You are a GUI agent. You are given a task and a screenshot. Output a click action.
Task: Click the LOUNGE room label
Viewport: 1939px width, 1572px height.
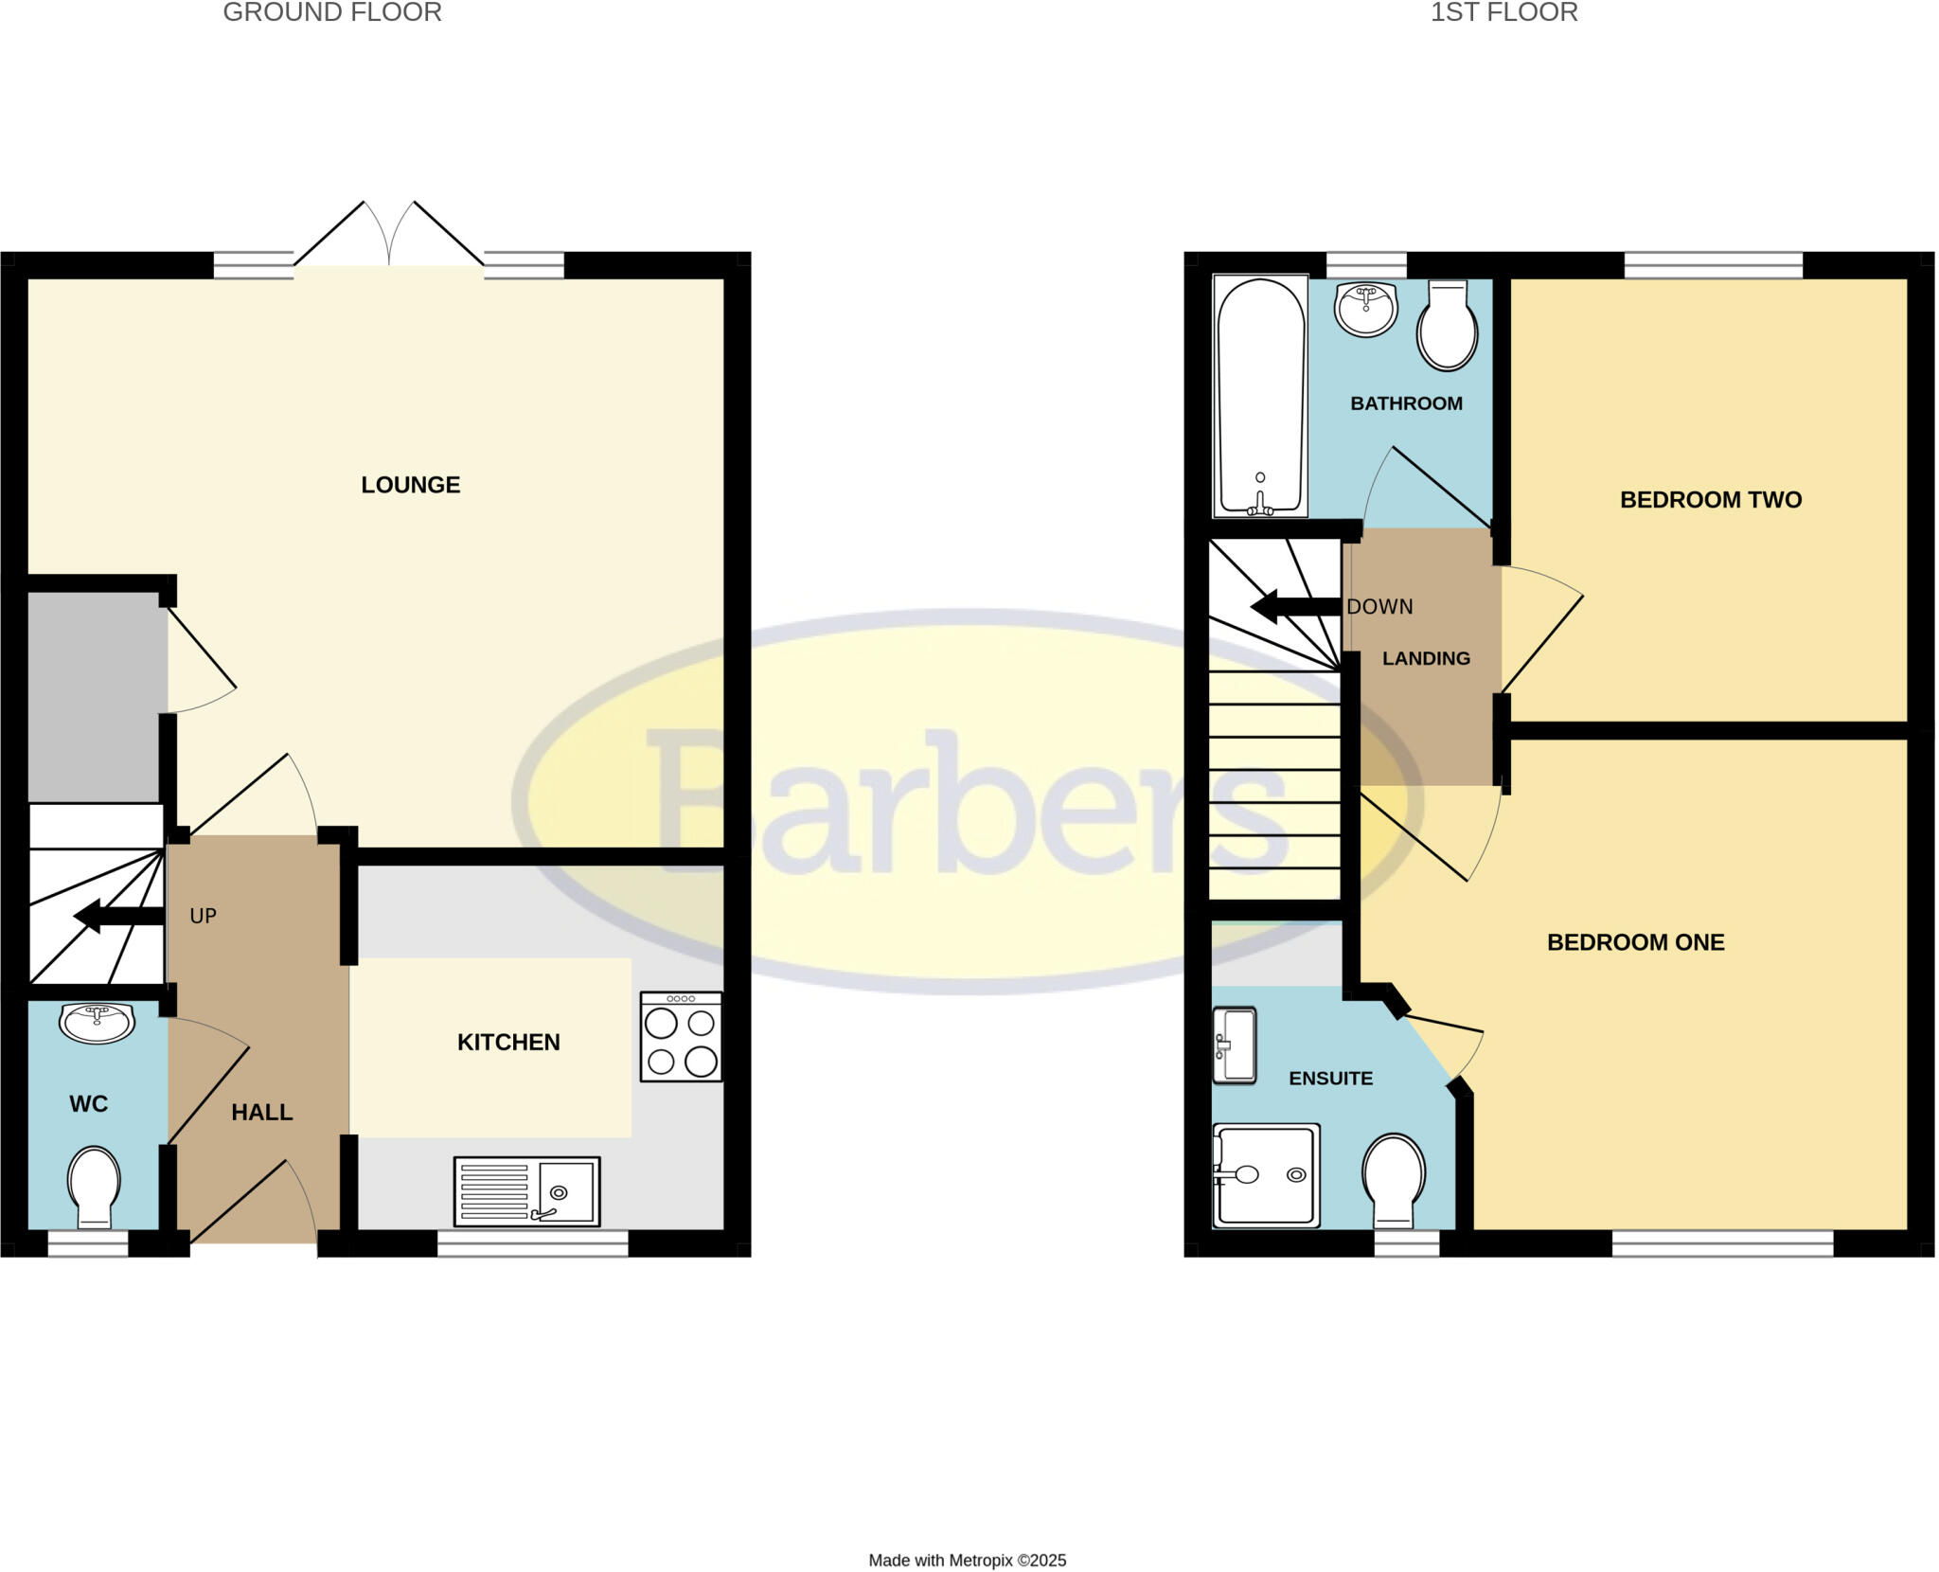click(x=410, y=485)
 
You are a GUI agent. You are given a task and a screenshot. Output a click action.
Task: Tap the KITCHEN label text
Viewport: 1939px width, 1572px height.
click(x=508, y=1043)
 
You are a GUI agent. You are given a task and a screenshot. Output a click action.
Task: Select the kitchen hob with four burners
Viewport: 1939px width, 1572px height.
click(x=681, y=1036)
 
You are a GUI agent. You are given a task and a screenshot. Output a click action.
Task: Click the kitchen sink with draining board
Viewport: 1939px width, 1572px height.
click(x=526, y=1191)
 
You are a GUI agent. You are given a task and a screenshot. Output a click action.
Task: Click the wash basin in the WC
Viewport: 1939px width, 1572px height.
click(x=97, y=1023)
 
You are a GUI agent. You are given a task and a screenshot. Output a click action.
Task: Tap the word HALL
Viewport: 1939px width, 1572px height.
click(x=262, y=1113)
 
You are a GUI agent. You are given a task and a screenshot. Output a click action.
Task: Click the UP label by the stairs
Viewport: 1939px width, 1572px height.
click(x=204, y=917)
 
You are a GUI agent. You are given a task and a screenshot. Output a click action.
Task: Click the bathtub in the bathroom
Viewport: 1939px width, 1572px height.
click(x=1259, y=397)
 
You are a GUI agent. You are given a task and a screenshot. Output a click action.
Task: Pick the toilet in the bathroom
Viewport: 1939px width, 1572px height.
click(x=1447, y=327)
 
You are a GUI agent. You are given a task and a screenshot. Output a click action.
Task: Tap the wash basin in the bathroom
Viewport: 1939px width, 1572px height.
click(x=1365, y=308)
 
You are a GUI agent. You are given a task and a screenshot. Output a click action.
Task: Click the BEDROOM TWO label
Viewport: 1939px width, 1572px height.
click(x=1710, y=500)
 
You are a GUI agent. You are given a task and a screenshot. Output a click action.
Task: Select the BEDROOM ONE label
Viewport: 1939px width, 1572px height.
click(x=1635, y=942)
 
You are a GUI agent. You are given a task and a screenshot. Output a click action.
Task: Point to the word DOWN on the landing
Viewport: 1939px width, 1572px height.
click(x=1379, y=607)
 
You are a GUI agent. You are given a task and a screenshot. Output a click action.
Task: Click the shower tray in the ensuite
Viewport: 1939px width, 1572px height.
click(x=1266, y=1175)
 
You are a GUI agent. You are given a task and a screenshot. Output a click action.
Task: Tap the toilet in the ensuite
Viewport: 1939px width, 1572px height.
click(x=1394, y=1180)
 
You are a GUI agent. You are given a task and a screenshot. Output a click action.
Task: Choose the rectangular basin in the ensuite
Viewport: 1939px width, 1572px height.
click(x=1235, y=1045)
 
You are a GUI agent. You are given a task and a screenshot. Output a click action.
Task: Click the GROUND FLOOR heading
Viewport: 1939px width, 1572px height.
click(x=332, y=13)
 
